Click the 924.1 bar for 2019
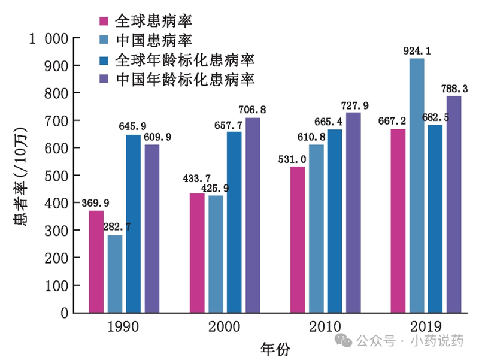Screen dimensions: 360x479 (417, 186)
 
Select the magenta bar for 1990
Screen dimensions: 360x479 (96, 262)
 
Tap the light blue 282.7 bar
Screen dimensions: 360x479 (115, 274)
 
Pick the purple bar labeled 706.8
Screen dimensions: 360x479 (253, 216)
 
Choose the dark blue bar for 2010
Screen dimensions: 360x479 (335, 221)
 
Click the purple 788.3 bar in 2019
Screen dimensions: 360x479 (454, 204)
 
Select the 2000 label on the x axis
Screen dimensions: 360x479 (225, 327)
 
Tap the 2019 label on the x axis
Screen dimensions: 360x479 (426, 327)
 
